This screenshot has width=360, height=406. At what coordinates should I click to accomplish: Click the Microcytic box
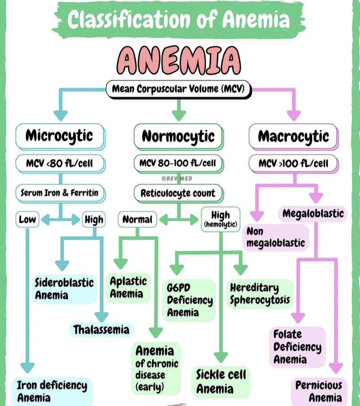(x=59, y=136)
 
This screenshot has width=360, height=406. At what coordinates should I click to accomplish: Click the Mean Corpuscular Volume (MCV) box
(x=178, y=89)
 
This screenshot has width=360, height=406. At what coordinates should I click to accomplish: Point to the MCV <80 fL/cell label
(x=59, y=163)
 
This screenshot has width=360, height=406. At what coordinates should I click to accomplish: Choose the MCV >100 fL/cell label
(x=293, y=163)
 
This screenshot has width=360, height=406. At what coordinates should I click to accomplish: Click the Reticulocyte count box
(x=178, y=193)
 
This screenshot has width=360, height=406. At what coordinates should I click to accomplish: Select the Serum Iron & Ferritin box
(x=59, y=193)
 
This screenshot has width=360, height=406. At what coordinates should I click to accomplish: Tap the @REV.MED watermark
(x=177, y=178)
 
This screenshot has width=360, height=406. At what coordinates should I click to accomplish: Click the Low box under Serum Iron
(x=27, y=220)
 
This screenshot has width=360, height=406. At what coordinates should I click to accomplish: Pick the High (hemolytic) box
(x=221, y=219)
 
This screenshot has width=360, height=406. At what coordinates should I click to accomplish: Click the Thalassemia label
(x=101, y=330)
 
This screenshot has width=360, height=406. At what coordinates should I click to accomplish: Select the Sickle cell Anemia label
(x=221, y=382)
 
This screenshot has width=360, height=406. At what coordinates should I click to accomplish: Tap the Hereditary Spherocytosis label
(x=260, y=294)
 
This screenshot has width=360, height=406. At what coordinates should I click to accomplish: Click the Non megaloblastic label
(x=275, y=237)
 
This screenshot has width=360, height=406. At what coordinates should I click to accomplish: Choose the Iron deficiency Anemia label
(x=52, y=391)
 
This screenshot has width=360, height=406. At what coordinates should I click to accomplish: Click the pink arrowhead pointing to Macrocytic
(x=294, y=115)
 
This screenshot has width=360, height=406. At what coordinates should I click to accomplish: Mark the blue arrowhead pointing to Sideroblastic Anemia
(x=62, y=265)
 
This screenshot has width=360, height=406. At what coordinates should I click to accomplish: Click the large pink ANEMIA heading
(x=178, y=61)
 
